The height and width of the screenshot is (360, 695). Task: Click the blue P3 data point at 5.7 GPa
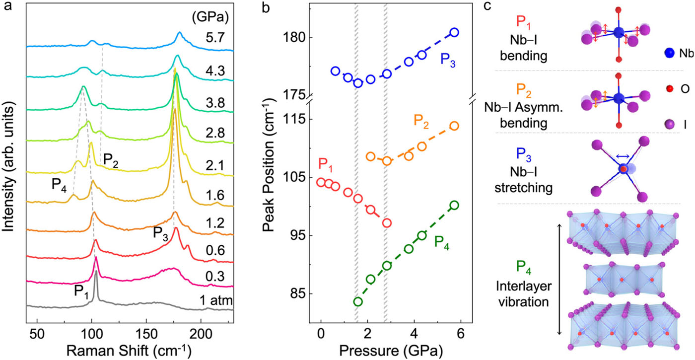454,33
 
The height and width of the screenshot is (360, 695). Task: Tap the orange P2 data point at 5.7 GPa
454,126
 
